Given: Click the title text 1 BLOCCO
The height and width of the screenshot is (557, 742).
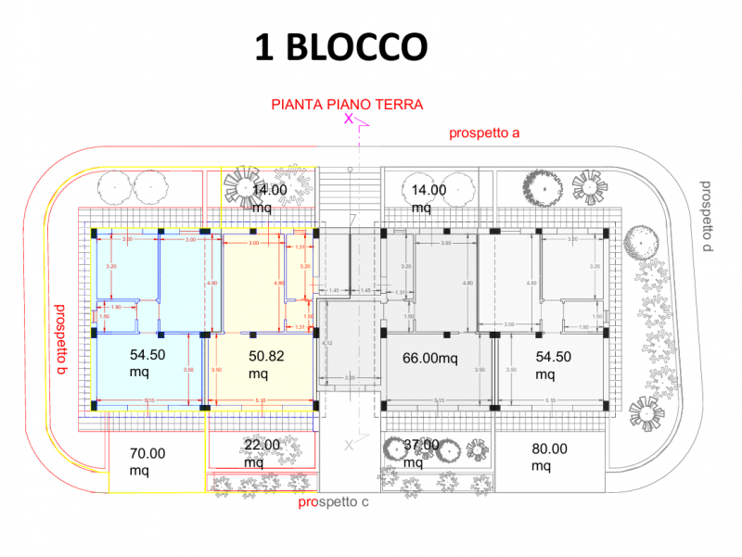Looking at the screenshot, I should click(340, 46).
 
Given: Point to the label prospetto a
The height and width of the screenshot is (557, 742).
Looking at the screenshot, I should click(484, 133).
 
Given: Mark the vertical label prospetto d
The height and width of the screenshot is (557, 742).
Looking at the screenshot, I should click(706, 214).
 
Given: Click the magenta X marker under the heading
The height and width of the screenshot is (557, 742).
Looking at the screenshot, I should click(349, 119).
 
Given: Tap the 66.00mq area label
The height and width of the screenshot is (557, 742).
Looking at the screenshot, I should click(431, 358).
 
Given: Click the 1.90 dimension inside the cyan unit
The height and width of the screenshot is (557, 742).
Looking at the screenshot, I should click(116, 307).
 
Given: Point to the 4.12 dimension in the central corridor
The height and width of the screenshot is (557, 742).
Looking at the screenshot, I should click(326, 344).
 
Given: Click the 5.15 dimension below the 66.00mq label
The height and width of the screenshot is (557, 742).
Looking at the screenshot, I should click(436, 400).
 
